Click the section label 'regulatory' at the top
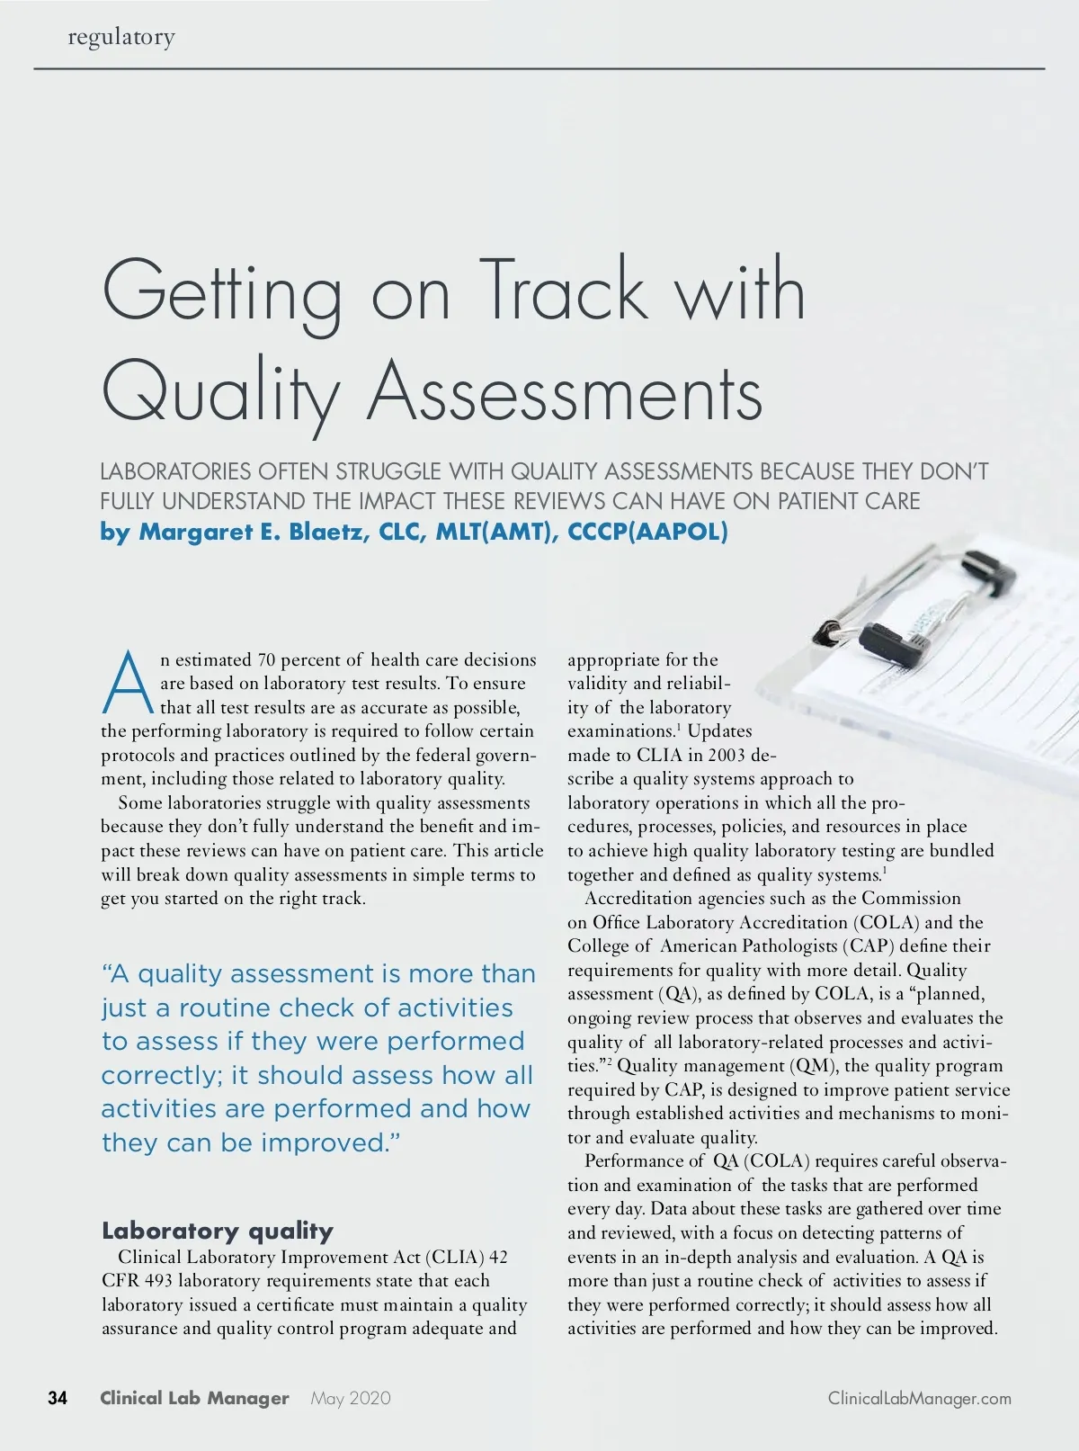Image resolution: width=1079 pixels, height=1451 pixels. point(121,37)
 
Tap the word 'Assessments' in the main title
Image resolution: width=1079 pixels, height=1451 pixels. point(565,392)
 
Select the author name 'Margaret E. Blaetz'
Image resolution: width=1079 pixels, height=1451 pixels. point(252,532)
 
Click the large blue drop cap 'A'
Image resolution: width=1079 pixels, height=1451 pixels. point(128,682)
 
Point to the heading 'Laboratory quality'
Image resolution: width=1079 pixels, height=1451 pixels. point(217,1230)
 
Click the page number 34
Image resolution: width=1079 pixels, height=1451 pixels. point(58,1398)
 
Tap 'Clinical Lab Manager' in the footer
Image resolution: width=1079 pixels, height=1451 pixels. point(194,1398)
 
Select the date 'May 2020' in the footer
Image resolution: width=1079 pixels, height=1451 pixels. point(351,1398)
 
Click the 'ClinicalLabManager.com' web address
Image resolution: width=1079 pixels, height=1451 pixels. point(919,1398)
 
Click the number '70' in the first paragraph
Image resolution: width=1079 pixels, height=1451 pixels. point(266,659)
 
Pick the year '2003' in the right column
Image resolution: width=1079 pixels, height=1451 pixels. point(726,755)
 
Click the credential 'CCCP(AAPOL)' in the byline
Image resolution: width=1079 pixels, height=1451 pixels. point(647,532)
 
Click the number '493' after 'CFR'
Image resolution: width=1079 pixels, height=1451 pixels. point(157,1280)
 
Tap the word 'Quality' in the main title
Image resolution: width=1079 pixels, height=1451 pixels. point(221,392)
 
